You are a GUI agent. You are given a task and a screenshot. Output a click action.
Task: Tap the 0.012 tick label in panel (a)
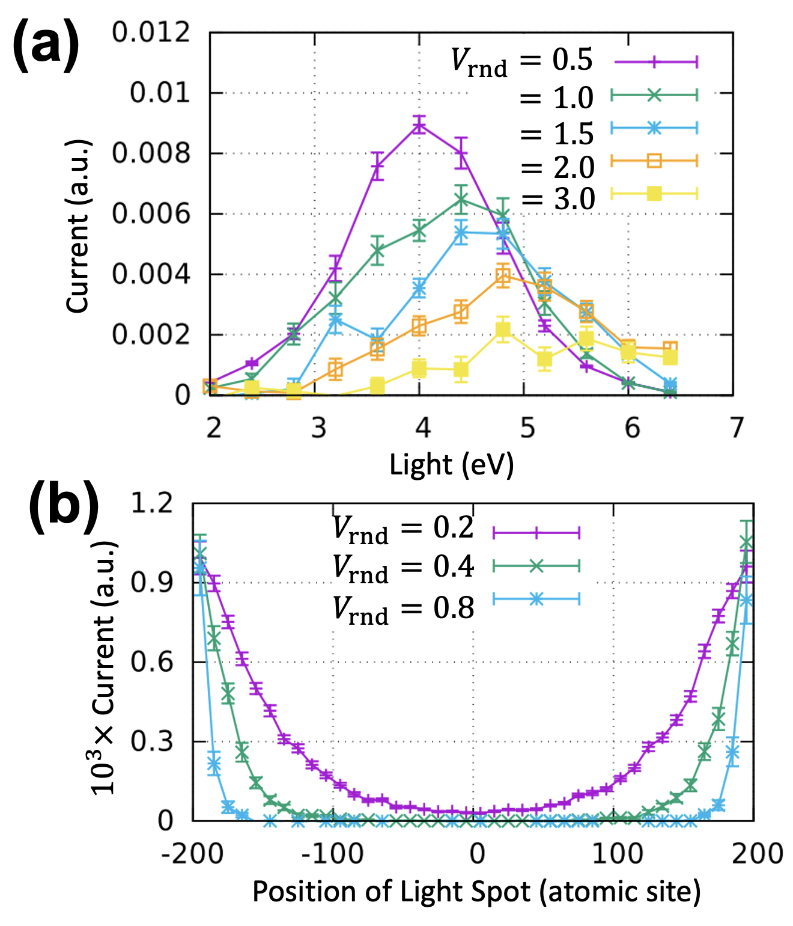coord(151,32)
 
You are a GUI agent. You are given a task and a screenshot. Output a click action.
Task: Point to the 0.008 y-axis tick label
coord(151,153)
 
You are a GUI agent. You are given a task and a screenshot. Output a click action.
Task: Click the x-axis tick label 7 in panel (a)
coord(737,428)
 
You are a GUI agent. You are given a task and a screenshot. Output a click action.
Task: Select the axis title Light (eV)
coord(452,465)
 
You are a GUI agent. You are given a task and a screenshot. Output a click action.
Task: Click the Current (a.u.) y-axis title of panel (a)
coord(77,226)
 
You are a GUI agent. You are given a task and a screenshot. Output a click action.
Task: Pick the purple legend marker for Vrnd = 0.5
coord(655,61)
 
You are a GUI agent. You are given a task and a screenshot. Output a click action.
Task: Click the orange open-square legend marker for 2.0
coord(655,161)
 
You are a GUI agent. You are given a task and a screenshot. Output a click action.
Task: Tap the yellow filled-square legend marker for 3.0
coord(655,194)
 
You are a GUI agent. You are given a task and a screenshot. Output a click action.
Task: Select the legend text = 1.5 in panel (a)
coord(557,133)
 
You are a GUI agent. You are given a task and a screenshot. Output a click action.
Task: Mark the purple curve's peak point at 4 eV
coord(419,125)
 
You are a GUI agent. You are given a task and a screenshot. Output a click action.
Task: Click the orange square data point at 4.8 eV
coord(503,276)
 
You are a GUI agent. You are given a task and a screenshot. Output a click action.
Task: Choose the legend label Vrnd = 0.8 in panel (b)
coord(404,609)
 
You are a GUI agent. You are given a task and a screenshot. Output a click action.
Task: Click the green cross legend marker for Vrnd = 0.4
coord(536,566)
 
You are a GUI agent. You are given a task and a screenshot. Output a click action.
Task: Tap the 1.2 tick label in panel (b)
coord(151,503)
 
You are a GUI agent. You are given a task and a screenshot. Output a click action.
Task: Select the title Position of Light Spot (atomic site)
coord(476,892)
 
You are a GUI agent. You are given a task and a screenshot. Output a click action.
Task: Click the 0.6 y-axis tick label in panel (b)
coord(151,662)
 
